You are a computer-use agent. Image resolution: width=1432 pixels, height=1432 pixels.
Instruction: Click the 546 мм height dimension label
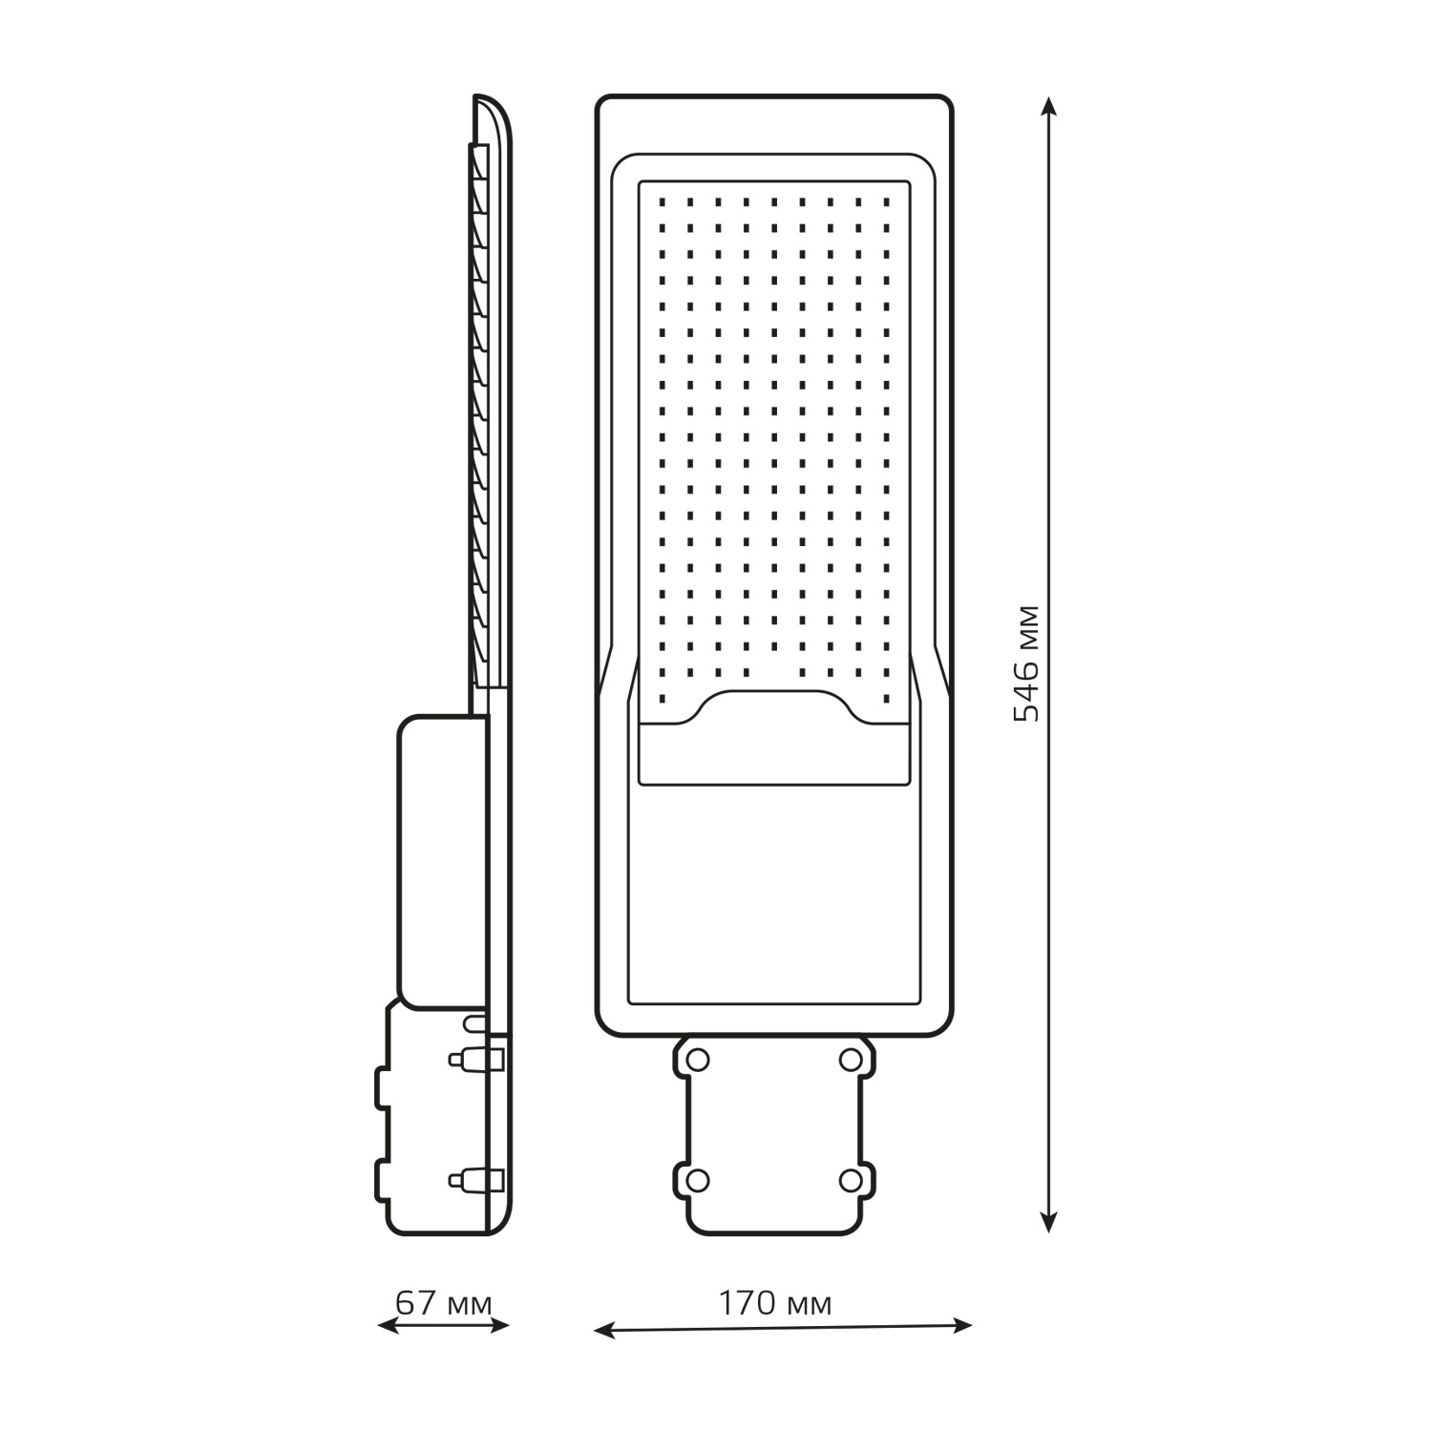click(1027, 663)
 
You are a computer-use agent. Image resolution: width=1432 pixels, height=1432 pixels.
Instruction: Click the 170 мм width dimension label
click(774, 1303)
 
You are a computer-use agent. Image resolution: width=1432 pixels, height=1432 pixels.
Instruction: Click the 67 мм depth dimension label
click(444, 1303)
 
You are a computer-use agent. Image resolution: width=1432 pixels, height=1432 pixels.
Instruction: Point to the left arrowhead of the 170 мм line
click(604, 1329)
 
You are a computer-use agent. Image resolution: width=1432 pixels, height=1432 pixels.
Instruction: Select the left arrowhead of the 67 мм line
click(388, 1325)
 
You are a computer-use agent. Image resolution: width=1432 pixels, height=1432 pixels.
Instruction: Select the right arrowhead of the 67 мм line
click(499, 1325)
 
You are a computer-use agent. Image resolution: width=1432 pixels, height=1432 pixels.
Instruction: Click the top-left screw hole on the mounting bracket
click(698, 1059)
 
